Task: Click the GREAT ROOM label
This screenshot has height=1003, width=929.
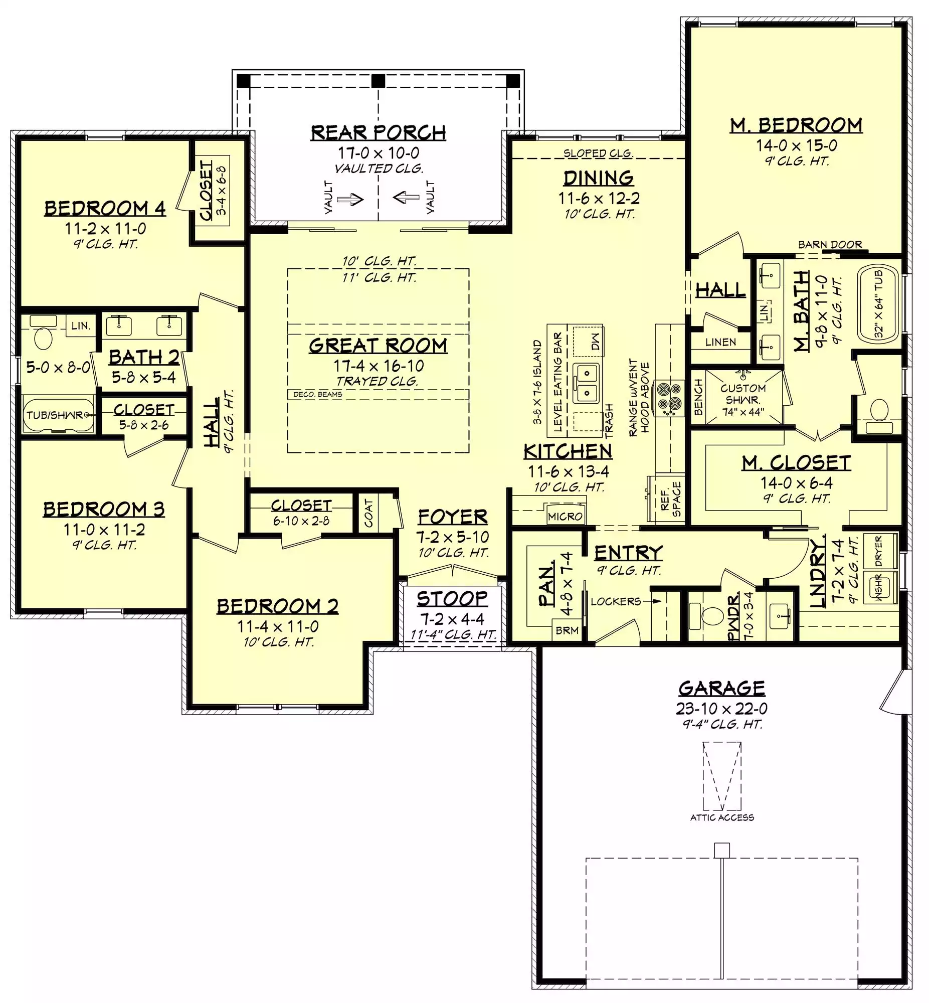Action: (378, 346)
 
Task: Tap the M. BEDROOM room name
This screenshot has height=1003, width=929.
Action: (796, 125)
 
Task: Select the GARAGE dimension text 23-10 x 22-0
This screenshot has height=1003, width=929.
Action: (721, 709)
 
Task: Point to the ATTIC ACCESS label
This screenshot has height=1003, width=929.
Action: (722, 817)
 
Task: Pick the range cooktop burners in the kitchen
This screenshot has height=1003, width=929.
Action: (669, 398)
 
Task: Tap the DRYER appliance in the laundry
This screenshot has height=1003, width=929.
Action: (879, 551)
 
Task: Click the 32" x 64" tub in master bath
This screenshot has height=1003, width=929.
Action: (878, 305)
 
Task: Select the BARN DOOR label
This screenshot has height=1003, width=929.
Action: (830, 245)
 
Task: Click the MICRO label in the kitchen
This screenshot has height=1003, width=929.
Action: (565, 517)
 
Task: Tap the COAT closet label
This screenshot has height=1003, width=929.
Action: (368, 513)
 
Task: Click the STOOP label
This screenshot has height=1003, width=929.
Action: (452, 599)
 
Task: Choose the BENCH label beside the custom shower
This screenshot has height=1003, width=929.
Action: (698, 397)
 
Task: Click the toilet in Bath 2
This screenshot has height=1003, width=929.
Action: (43, 339)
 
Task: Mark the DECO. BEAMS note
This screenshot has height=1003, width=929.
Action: (318, 395)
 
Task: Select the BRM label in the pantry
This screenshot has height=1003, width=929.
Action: (567, 630)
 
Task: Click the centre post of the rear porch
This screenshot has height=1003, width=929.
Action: (378, 81)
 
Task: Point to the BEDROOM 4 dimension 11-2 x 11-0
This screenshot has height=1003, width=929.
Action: (105, 229)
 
